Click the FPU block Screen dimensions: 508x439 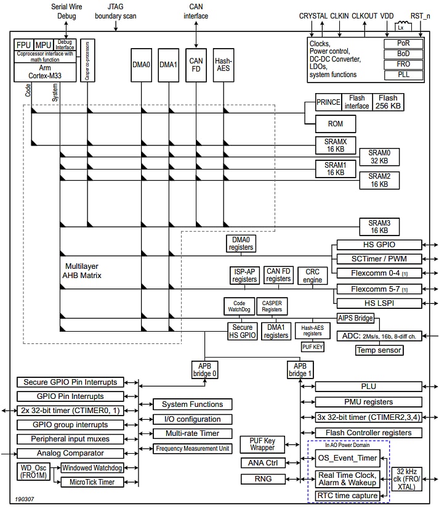[23, 45]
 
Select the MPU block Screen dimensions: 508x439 [43, 45]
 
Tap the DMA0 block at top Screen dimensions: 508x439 [141, 64]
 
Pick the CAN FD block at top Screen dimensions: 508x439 [196, 64]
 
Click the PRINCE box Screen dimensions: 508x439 [328, 102]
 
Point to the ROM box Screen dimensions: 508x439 [336, 123]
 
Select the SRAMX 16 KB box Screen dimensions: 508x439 [336, 145]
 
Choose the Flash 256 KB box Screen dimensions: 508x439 [388, 102]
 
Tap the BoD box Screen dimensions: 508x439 [403, 54]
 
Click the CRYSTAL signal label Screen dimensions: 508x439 [313, 15]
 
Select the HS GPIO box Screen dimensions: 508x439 [379, 245]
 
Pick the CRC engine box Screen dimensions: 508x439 [312, 276]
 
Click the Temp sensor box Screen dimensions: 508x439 [379, 350]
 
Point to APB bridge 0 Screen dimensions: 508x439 [204, 369]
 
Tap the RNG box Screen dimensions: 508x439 [263, 479]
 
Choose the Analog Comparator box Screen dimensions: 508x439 [71, 453]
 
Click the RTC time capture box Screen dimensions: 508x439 [348, 496]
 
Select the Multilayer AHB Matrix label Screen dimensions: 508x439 [83, 271]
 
